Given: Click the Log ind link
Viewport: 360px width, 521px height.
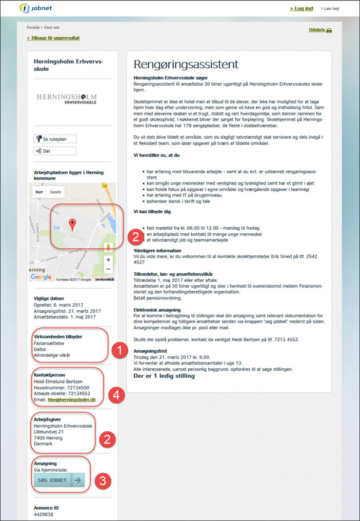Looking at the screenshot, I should click(301, 9).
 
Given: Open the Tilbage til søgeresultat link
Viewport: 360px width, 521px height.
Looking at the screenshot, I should click(53, 38).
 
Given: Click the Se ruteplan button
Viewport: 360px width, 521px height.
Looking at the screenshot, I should click(55, 139).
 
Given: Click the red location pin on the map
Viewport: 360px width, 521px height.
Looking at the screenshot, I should click(73, 224).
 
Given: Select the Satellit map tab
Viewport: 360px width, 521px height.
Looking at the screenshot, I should click(55, 192).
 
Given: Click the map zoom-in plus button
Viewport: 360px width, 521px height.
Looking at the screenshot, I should click(108, 260).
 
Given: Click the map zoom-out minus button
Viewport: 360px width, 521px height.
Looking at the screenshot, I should click(108, 269).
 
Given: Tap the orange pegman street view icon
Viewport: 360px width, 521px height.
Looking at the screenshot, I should click(108, 248).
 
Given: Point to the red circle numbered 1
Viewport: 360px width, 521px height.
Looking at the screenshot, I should click(120, 351).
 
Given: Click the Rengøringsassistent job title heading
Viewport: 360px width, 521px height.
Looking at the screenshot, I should click(186, 65).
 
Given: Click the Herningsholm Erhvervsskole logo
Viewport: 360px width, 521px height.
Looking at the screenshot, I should click(66, 98).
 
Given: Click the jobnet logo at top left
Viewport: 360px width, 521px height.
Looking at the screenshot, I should click(35, 9).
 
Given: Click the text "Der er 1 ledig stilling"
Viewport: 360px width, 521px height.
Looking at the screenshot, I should click(164, 376).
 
